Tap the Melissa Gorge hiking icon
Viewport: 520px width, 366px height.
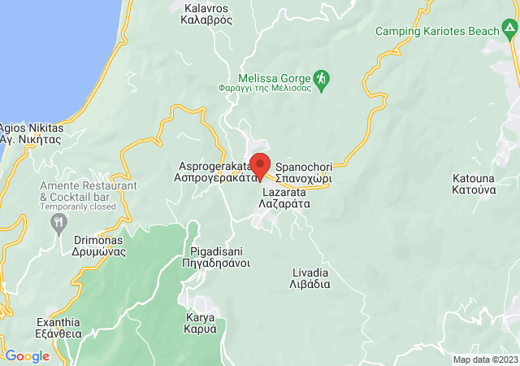323,78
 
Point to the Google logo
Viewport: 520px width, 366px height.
27,356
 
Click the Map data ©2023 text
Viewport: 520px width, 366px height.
484,359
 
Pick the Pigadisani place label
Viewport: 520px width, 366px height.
219,257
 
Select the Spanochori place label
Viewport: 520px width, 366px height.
304,172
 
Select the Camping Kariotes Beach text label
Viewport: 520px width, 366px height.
437,32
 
